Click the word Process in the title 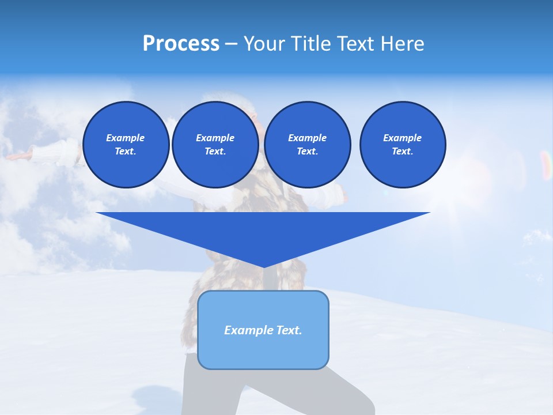click(181, 44)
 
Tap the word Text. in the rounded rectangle click(289, 330)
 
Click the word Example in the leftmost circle click(126, 138)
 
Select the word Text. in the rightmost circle click(403, 151)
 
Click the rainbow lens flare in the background click(545, 164)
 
